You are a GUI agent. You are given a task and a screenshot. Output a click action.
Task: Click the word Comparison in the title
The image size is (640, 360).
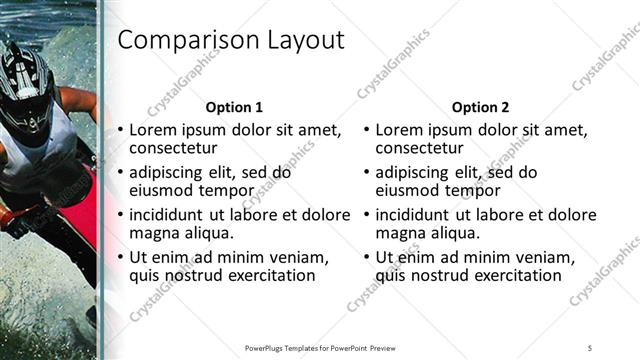[184, 41]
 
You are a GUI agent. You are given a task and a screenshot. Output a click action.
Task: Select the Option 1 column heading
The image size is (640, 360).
[234, 107]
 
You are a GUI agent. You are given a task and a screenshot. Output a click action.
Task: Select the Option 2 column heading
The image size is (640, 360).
[480, 107]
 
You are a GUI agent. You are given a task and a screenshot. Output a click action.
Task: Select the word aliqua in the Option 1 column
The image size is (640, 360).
[207, 234]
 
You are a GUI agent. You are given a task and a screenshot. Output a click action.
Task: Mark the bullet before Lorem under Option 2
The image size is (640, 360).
[367, 130]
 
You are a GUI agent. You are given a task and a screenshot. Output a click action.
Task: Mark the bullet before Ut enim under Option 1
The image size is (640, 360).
[121, 258]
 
